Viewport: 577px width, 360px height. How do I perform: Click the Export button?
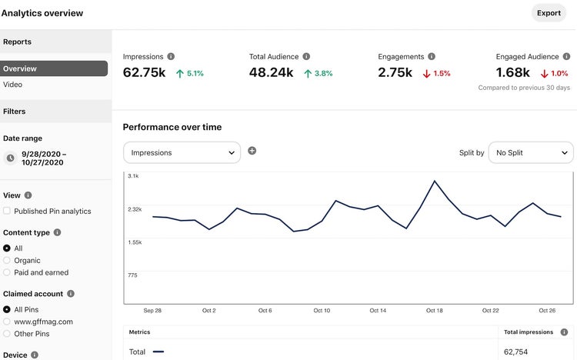click(549, 13)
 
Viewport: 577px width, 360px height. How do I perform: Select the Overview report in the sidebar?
click(54, 68)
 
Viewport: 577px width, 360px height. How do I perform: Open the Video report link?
click(13, 85)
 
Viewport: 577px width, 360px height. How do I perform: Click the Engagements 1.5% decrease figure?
click(437, 74)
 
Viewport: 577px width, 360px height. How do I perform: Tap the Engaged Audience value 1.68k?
click(513, 73)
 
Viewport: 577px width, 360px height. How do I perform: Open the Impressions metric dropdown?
click(182, 152)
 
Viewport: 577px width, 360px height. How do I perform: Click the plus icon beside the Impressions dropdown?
click(252, 151)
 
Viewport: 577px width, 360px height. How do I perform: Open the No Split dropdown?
click(531, 152)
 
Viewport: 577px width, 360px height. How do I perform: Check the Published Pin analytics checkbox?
click(7, 211)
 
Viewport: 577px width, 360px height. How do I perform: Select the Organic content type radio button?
click(7, 260)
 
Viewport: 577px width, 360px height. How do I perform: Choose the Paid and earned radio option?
click(7, 272)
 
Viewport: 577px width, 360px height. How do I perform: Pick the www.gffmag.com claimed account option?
click(7, 322)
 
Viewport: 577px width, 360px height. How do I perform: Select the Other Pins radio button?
click(7, 334)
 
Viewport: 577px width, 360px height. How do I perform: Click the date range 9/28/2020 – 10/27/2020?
click(43, 158)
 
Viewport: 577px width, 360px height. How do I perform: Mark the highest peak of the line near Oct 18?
click(435, 181)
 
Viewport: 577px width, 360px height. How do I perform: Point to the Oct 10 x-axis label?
click(322, 311)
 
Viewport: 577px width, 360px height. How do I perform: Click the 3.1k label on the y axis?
click(133, 176)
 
